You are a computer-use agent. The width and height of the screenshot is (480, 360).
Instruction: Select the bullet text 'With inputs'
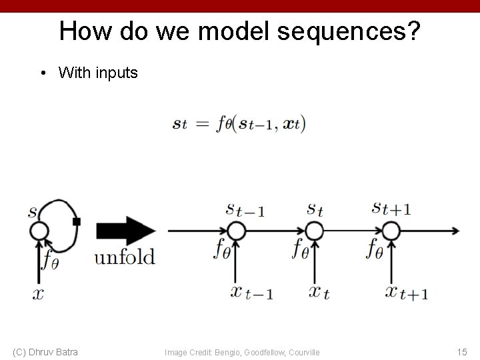point(98,72)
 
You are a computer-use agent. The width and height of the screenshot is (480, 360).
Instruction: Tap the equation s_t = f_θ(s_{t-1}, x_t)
point(239,124)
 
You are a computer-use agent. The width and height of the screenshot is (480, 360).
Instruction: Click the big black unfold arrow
point(126,231)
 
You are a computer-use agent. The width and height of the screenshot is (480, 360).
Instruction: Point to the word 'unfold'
point(125,257)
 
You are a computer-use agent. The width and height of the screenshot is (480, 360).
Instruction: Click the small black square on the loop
point(77,221)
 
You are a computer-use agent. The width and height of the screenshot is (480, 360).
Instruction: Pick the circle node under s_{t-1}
point(236,231)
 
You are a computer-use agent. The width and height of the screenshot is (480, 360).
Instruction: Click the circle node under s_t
point(314,231)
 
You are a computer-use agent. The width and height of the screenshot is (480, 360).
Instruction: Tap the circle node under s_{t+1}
point(391,231)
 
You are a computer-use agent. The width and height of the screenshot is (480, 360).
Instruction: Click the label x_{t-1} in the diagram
point(251,291)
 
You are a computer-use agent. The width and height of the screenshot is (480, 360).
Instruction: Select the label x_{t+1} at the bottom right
point(407,291)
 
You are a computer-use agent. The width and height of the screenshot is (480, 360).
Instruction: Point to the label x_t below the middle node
point(319,291)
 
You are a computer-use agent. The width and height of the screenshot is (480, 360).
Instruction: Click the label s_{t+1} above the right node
point(391,208)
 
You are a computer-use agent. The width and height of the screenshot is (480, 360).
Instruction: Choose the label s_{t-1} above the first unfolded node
point(245,209)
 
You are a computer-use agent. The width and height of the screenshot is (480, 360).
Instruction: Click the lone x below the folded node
point(38,293)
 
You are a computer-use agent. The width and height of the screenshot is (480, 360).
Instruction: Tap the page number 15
point(461,351)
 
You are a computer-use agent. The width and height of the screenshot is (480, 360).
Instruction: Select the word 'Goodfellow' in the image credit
point(267,352)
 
